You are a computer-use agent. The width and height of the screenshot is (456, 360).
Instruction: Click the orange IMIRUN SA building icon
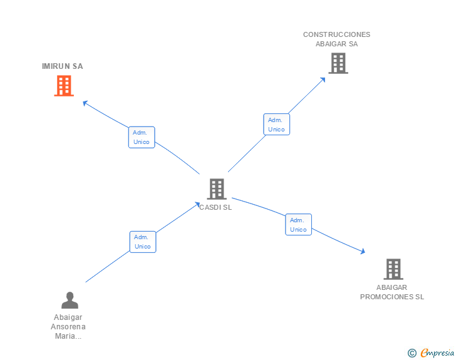coord(63,86)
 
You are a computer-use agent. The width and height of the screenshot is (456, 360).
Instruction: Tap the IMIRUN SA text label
coord(62,66)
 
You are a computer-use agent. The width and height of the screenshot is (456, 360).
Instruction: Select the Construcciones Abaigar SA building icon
coord(338,63)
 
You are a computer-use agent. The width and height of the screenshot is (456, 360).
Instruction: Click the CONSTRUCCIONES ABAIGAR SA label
coord(336,39)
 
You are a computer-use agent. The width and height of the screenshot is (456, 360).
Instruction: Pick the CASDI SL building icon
coord(216,188)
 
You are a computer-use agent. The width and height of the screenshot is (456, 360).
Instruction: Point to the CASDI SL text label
coord(215,208)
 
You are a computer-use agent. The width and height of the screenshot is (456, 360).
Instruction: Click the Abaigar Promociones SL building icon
coord(393,269)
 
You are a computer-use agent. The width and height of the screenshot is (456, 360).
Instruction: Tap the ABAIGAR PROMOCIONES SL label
coord(392,292)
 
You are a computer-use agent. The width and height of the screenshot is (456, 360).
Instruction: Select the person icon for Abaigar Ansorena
coord(70,300)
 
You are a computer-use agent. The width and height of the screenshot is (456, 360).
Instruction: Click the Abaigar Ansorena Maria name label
coord(68,327)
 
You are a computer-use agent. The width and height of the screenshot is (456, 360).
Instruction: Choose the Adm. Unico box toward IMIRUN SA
coord(142,137)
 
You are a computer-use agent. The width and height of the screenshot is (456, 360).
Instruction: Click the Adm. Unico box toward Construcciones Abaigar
coord(276,125)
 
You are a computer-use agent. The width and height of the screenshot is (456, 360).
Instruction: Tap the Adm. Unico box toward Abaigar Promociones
coord(298,225)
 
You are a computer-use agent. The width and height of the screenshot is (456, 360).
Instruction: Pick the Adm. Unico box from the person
coord(143,242)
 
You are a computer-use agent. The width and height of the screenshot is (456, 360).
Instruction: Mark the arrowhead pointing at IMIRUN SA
coord(86,103)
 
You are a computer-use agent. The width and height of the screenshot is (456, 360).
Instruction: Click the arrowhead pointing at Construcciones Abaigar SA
coord(323,79)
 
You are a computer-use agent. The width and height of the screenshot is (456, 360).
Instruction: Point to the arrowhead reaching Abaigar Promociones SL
coord(362,252)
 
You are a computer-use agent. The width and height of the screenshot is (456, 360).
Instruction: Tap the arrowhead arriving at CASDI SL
coord(197,204)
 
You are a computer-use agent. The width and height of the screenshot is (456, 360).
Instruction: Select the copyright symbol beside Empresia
coord(412,353)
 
